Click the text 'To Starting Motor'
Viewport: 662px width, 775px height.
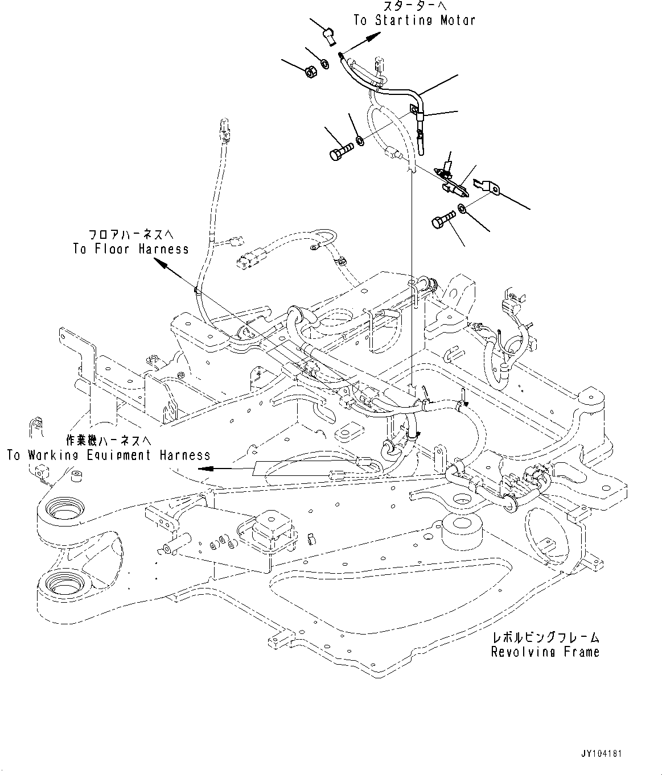click(414, 20)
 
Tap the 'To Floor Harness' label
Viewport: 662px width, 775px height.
click(131, 249)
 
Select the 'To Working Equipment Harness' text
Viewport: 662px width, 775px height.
click(109, 455)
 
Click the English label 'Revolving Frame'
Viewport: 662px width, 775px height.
click(545, 652)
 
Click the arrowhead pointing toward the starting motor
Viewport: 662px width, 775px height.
click(373, 37)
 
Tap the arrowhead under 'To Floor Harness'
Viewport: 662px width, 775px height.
click(162, 263)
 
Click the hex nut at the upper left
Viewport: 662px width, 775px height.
click(310, 72)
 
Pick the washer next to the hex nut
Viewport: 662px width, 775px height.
click(324, 64)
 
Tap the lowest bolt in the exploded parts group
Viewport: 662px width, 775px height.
click(443, 218)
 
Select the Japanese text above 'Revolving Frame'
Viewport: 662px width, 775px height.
click(545, 638)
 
